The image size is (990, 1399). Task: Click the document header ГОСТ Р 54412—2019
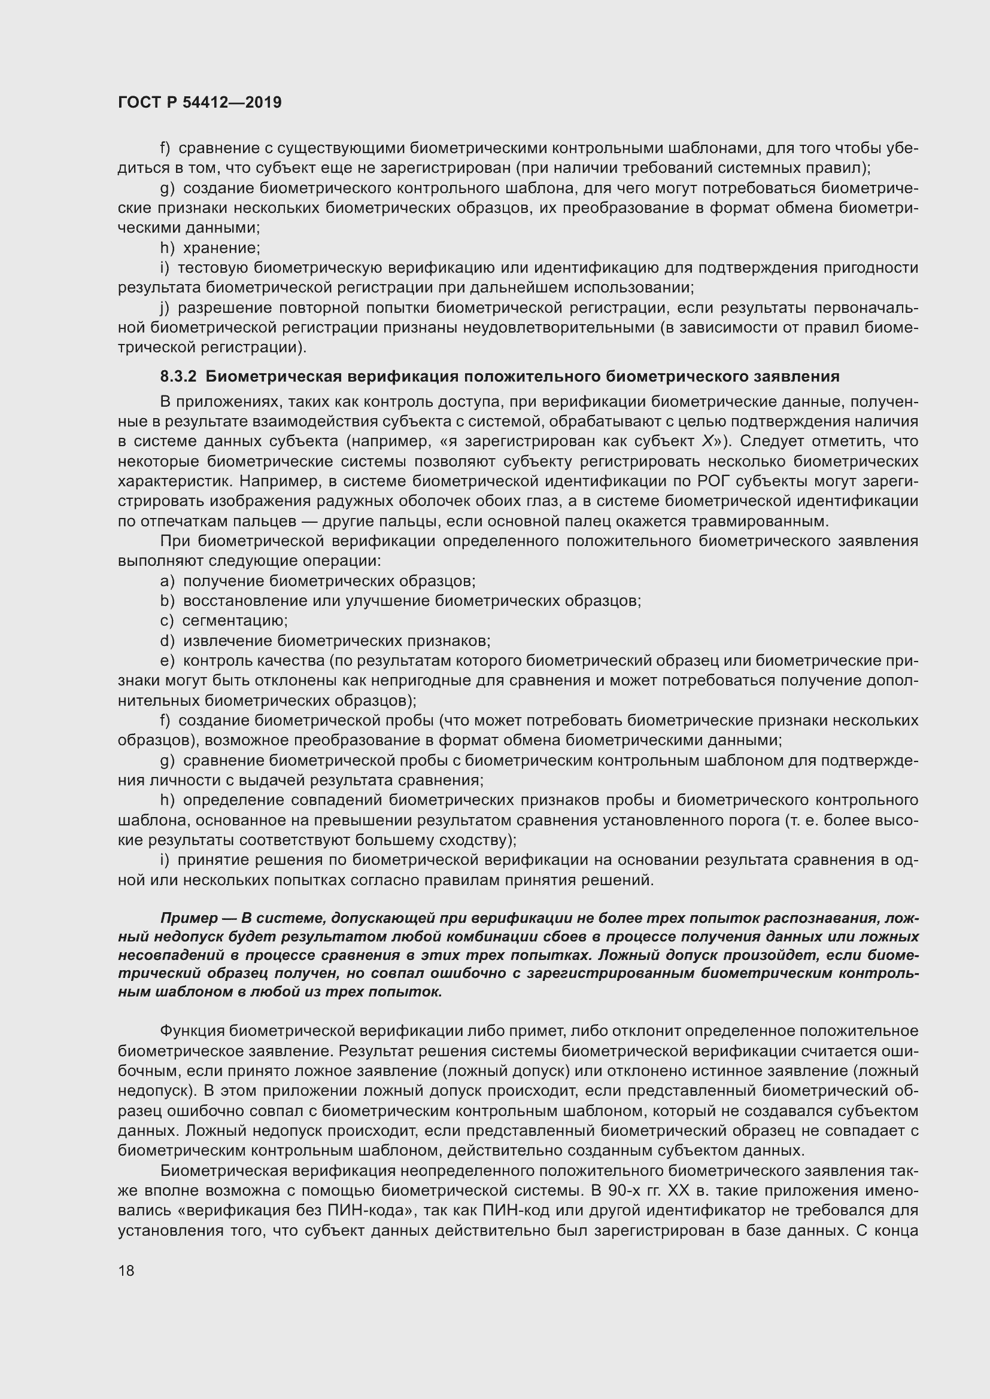199,102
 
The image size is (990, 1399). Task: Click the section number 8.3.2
178,377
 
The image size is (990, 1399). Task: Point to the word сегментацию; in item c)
235,621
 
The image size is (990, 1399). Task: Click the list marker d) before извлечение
167,641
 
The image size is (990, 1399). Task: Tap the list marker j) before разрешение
165,308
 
